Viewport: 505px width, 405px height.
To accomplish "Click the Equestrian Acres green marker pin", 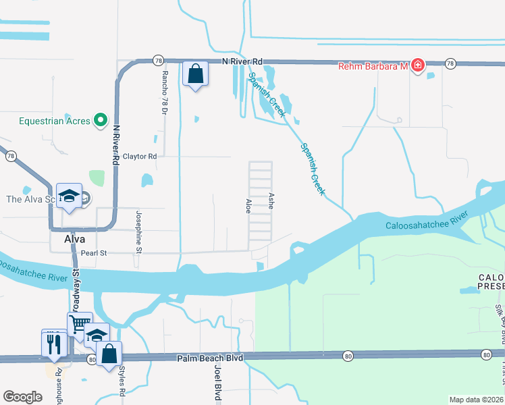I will [101, 121].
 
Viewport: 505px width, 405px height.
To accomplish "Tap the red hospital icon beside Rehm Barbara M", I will [418, 65].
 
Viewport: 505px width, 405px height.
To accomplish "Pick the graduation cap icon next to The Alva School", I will [69, 196].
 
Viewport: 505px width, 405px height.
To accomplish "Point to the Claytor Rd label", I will [139, 157].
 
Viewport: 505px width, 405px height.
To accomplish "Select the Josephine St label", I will [140, 231].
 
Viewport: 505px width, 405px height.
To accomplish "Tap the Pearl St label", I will [93, 253].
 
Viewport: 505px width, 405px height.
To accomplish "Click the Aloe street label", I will [248, 207].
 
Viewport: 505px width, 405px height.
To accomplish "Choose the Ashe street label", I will [271, 200].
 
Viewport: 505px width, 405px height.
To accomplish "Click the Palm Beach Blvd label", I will [209, 359].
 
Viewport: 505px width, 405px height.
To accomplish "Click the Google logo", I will [22, 397].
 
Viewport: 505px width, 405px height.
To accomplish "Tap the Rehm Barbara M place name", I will [373, 65].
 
